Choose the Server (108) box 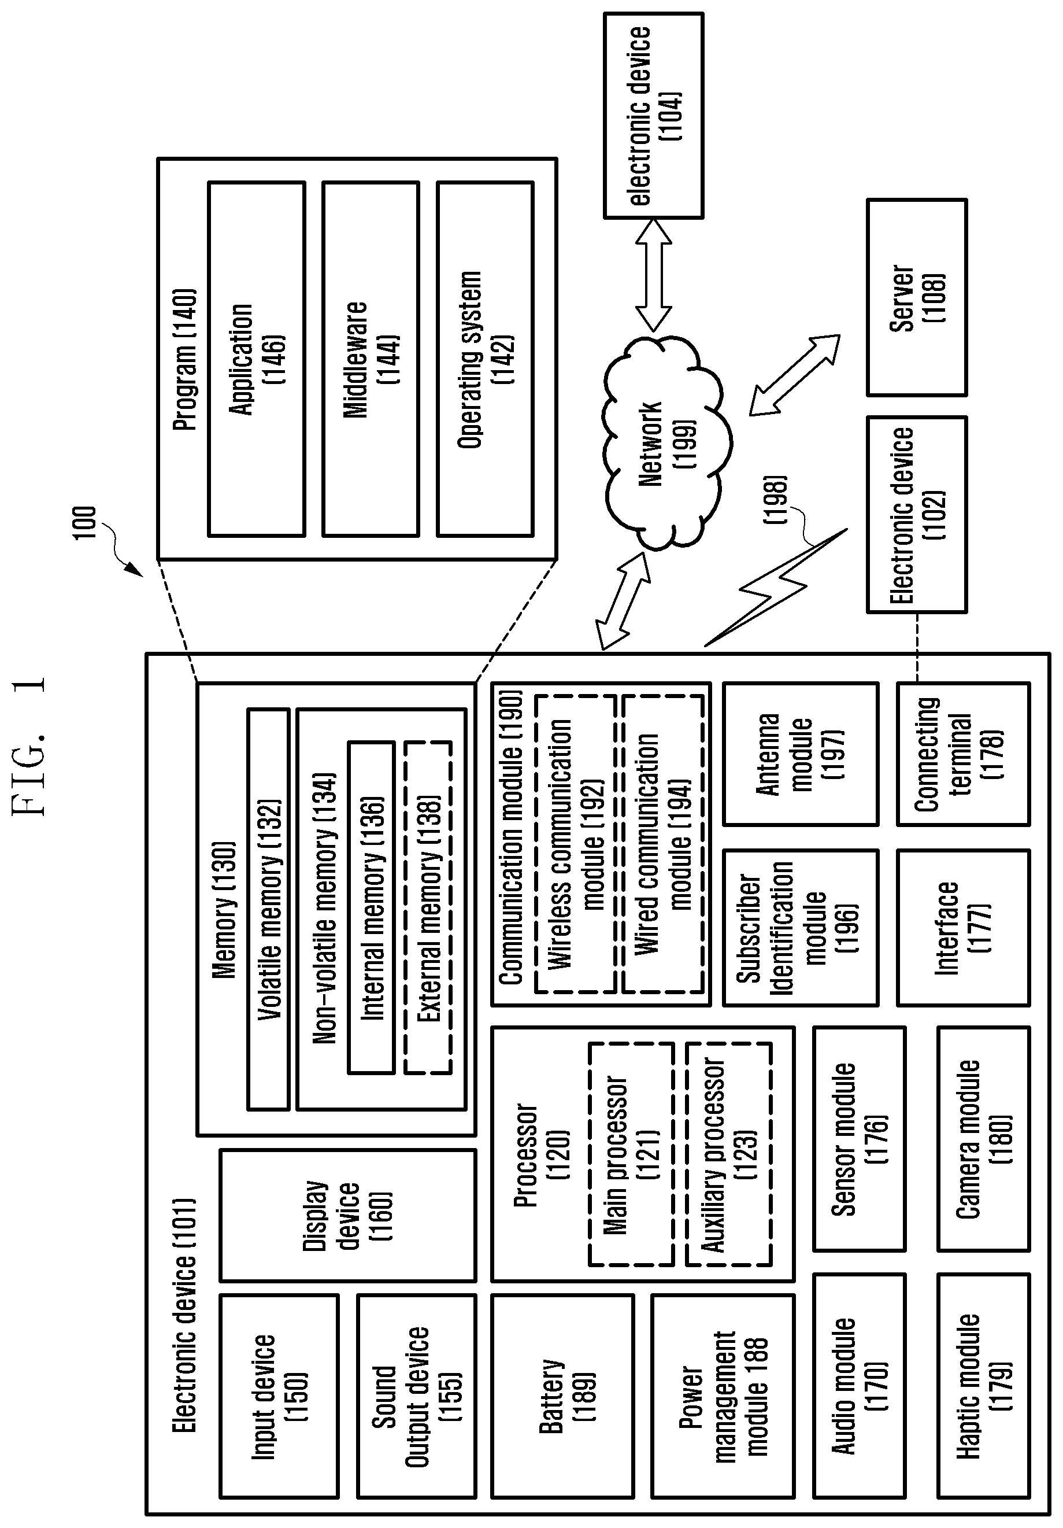917,297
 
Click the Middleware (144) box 371,359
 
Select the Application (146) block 256,359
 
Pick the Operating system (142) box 485,359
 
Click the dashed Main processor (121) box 631,1154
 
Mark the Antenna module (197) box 800,754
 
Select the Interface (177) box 963,928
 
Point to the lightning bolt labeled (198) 776,587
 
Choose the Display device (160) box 348,1215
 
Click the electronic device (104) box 653,116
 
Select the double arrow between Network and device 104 653,275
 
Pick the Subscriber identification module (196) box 800,928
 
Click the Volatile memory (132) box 268,909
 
